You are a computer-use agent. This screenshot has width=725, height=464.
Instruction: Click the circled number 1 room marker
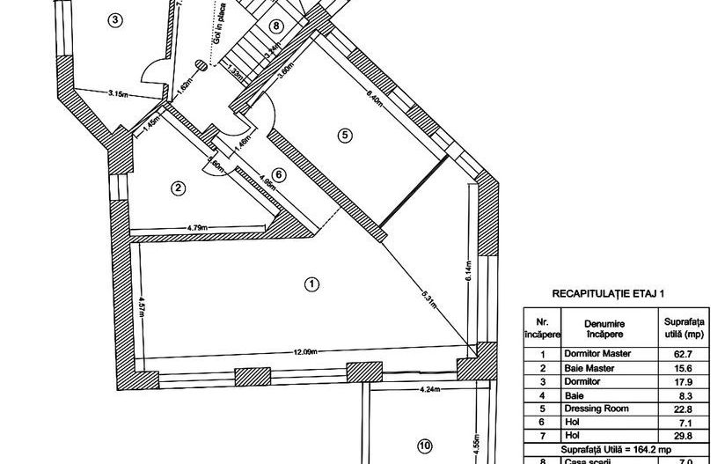[310, 284]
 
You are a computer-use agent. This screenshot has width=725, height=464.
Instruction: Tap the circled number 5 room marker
[345, 134]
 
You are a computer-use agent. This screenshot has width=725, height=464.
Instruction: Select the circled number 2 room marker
[179, 187]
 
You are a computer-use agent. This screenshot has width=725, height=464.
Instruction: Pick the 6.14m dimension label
[470, 275]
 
